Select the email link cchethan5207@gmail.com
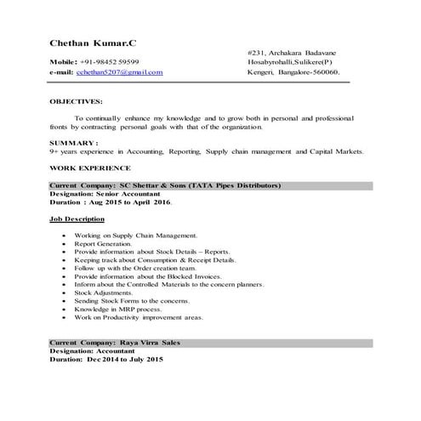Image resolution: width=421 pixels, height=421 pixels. point(118,73)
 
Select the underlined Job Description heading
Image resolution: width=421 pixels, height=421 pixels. point(77,219)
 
